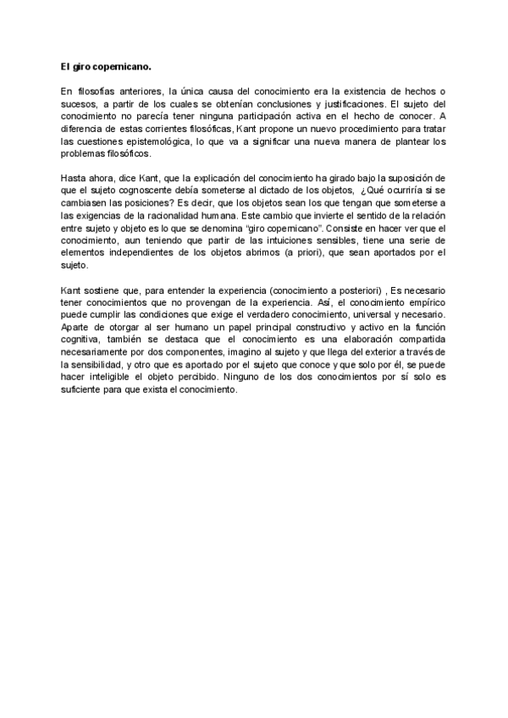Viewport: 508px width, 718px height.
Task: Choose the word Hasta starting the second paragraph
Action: pos(72,179)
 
